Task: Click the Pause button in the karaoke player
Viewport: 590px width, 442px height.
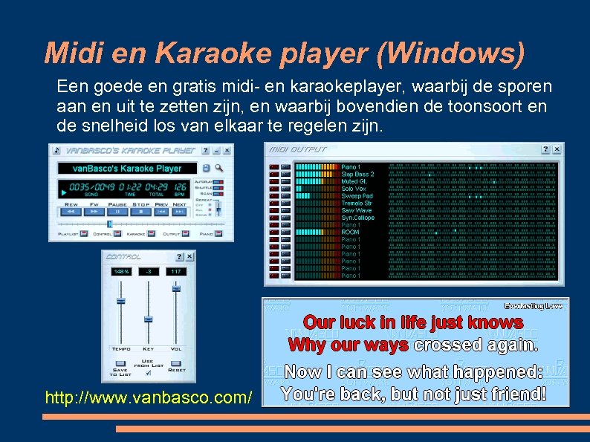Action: (x=117, y=212)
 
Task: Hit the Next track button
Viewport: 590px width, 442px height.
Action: (x=180, y=212)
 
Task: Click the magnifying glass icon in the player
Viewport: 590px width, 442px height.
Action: (x=218, y=169)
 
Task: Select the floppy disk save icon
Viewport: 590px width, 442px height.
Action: (x=206, y=169)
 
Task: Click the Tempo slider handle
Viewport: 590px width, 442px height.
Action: (x=120, y=301)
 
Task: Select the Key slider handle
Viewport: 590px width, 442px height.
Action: (x=148, y=319)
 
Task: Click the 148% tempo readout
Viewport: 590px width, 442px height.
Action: (x=120, y=272)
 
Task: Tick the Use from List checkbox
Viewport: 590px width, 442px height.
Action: (x=148, y=373)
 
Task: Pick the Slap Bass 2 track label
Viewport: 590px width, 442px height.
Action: (x=357, y=174)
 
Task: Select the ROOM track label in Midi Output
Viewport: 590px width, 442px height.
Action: (x=350, y=233)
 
